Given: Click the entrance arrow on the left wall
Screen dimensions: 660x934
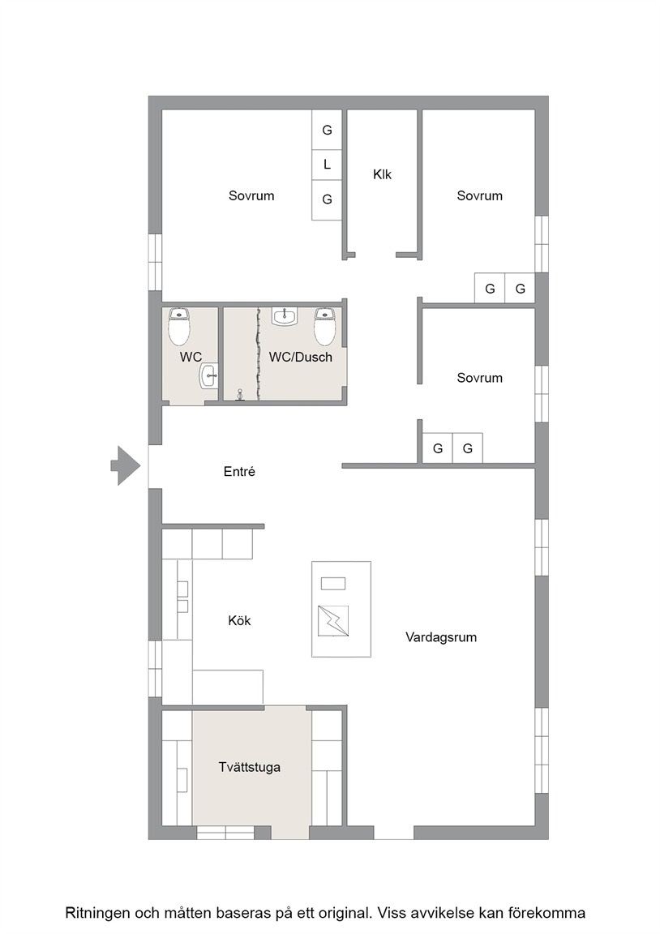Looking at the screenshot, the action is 126,465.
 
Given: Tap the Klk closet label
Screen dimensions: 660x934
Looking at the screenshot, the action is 383,174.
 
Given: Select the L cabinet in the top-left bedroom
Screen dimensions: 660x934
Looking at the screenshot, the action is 327,165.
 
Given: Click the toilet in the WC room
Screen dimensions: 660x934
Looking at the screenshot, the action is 179,327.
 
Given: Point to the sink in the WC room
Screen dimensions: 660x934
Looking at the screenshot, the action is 208,376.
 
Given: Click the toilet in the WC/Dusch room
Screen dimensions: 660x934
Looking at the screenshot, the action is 324,327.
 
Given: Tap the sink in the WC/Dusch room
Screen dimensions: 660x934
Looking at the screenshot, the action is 285,316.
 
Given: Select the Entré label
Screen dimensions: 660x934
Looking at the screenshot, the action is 239,472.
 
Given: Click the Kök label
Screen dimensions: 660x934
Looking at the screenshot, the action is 239,621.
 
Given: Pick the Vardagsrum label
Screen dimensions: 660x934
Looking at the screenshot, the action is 441,637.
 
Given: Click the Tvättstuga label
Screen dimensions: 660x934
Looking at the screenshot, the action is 249,767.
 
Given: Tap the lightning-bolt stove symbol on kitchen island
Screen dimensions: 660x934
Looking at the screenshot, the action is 333,621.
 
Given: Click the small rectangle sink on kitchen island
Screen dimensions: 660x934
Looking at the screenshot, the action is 333,583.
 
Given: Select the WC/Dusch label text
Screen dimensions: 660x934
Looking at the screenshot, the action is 300,357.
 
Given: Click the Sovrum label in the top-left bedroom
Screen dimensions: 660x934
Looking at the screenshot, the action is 251,196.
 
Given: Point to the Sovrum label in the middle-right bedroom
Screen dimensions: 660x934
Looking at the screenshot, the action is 479,378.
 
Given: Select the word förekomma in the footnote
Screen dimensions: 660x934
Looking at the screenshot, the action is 552,913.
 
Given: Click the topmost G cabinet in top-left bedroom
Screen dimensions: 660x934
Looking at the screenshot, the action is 327,130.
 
